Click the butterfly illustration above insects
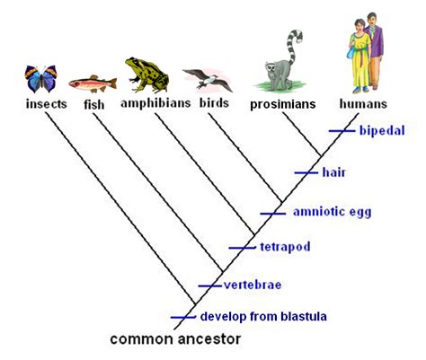pyautogui.click(x=40, y=79)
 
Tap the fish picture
pyautogui.click(x=87, y=83)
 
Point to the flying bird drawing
pyautogui.click(x=206, y=81)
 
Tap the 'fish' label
pyautogui.click(x=93, y=104)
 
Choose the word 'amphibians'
pyautogui.click(x=155, y=103)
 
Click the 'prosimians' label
pyautogui.click(x=283, y=104)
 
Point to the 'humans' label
pyautogui.click(x=363, y=104)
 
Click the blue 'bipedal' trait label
pyautogui.click(x=381, y=130)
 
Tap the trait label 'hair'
pyautogui.click(x=333, y=171)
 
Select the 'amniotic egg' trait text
pyautogui.click(x=332, y=212)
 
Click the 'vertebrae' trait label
pyautogui.click(x=253, y=285)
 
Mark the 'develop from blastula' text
pyautogui.click(x=263, y=316)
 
